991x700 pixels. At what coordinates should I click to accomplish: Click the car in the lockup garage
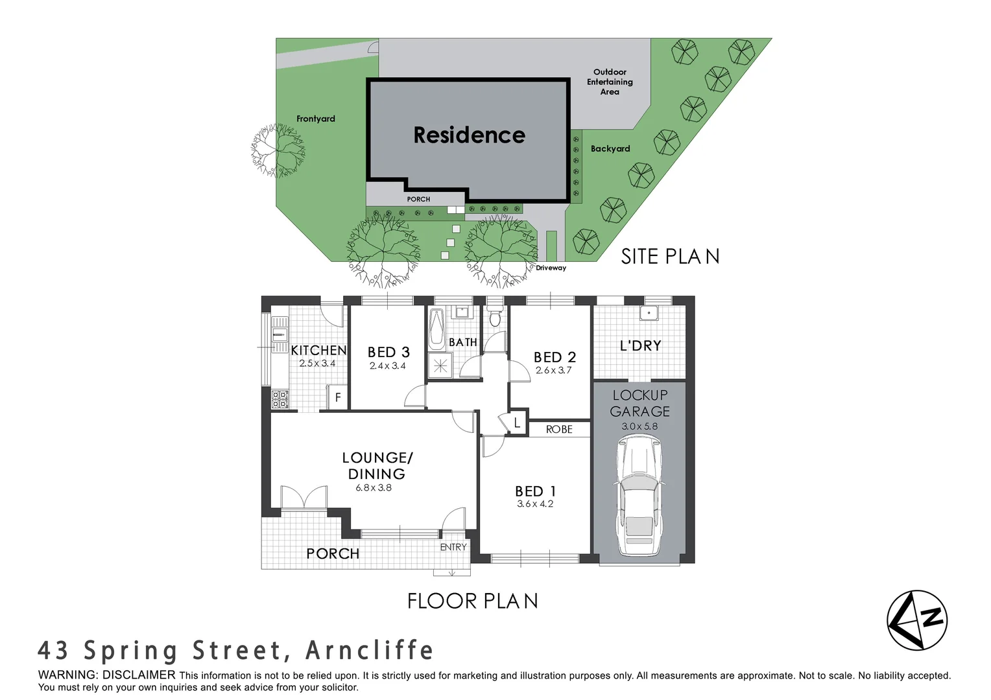pyautogui.click(x=639, y=496)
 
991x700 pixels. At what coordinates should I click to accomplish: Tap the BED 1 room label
pyautogui.click(x=535, y=491)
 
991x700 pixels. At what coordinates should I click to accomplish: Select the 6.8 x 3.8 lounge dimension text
pyautogui.click(x=374, y=488)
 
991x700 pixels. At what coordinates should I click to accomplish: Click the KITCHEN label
pyautogui.click(x=318, y=350)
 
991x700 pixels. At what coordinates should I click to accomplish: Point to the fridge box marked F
pyautogui.click(x=337, y=397)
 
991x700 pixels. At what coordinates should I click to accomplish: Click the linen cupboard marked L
pyautogui.click(x=517, y=423)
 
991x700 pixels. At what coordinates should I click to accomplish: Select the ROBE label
pyautogui.click(x=559, y=429)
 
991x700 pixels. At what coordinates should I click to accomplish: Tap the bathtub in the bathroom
pyautogui.click(x=436, y=329)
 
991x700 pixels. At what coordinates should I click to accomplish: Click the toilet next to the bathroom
pyautogui.click(x=495, y=317)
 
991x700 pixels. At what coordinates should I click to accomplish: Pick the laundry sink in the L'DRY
pyautogui.click(x=649, y=314)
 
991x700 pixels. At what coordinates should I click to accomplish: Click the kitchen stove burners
pyautogui.click(x=280, y=399)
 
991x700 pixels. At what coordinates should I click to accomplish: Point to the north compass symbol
pyautogui.click(x=917, y=620)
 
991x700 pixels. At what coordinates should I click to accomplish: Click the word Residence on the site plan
pyautogui.click(x=469, y=135)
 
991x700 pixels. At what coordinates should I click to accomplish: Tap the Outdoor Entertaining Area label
pyautogui.click(x=610, y=82)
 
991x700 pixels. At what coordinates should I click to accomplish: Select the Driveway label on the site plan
pyautogui.click(x=551, y=268)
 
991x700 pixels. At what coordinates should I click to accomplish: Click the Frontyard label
pyautogui.click(x=316, y=119)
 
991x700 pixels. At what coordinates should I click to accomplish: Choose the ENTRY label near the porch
pyautogui.click(x=453, y=547)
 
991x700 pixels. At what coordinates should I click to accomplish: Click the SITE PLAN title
pyautogui.click(x=670, y=257)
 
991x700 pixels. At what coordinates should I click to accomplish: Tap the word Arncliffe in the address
pyautogui.click(x=369, y=650)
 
